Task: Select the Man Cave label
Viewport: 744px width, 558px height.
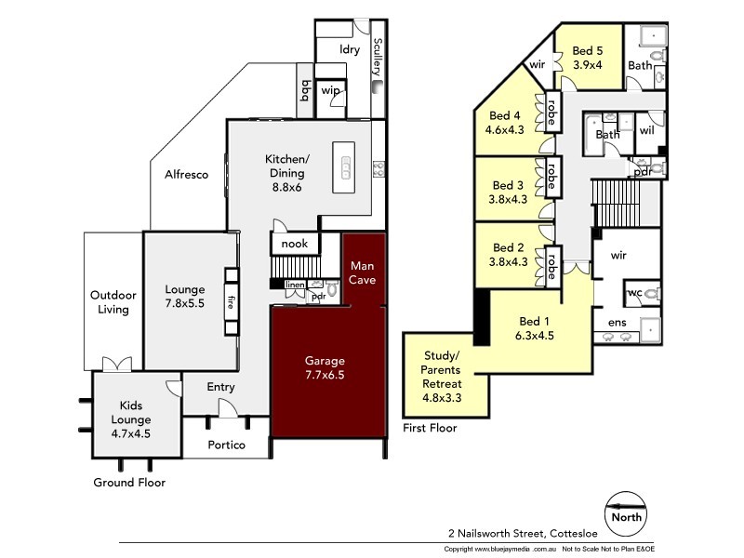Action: click(x=363, y=272)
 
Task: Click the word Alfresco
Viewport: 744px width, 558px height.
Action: click(x=186, y=174)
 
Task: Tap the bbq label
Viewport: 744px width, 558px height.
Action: click(x=305, y=89)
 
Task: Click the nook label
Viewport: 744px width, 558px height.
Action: click(x=294, y=244)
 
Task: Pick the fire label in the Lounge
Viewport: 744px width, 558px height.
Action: click(x=230, y=301)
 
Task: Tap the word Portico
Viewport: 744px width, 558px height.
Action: click(x=226, y=445)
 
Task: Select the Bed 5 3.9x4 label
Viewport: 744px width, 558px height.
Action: click(x=589, y=58)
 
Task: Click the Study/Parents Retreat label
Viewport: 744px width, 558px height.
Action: click(x=442, y=376)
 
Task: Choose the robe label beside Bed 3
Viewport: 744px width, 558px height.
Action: click(x=551, y=176)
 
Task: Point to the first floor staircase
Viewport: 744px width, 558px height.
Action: click(x=617, y=196)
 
